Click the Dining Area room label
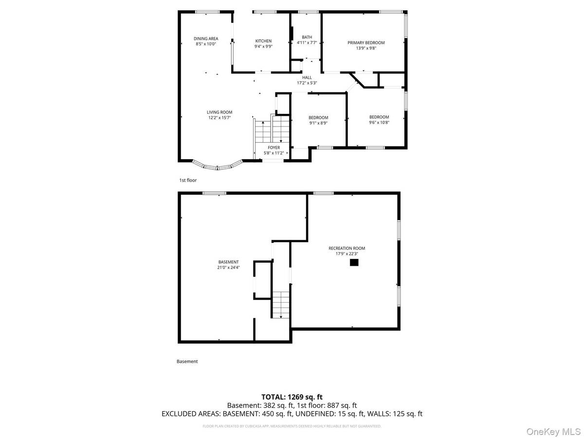pyautogui.click(x=205, y=38)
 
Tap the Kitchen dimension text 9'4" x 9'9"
pyautogui.click(x=263, y=47)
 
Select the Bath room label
pyautogui.click(x=307, y=37)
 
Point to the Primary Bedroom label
pyautogui.click(x=366, y=42)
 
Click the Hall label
pyautogui.click(x=307, y=77)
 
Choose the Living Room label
pyautogui.click(x=219, y=112)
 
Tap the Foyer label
pyautogui.click(x=274, y=147)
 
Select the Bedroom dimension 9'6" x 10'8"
pyautogui.click(x=379, y=122)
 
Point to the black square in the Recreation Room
pyautogui.click(x=354, y=263)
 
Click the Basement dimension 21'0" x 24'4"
pyautogui.click(x=228, y=267)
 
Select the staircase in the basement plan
pyautogui.click(x=280, y=305)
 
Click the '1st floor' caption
pyautogui.click(x=188, y=181)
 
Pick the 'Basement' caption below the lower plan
pyautogui.click(x=187, y=362)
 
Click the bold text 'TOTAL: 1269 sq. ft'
pyautogui.click(x=292, y=397)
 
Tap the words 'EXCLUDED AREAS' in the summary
pyautogui.click(x=191, y=414)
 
